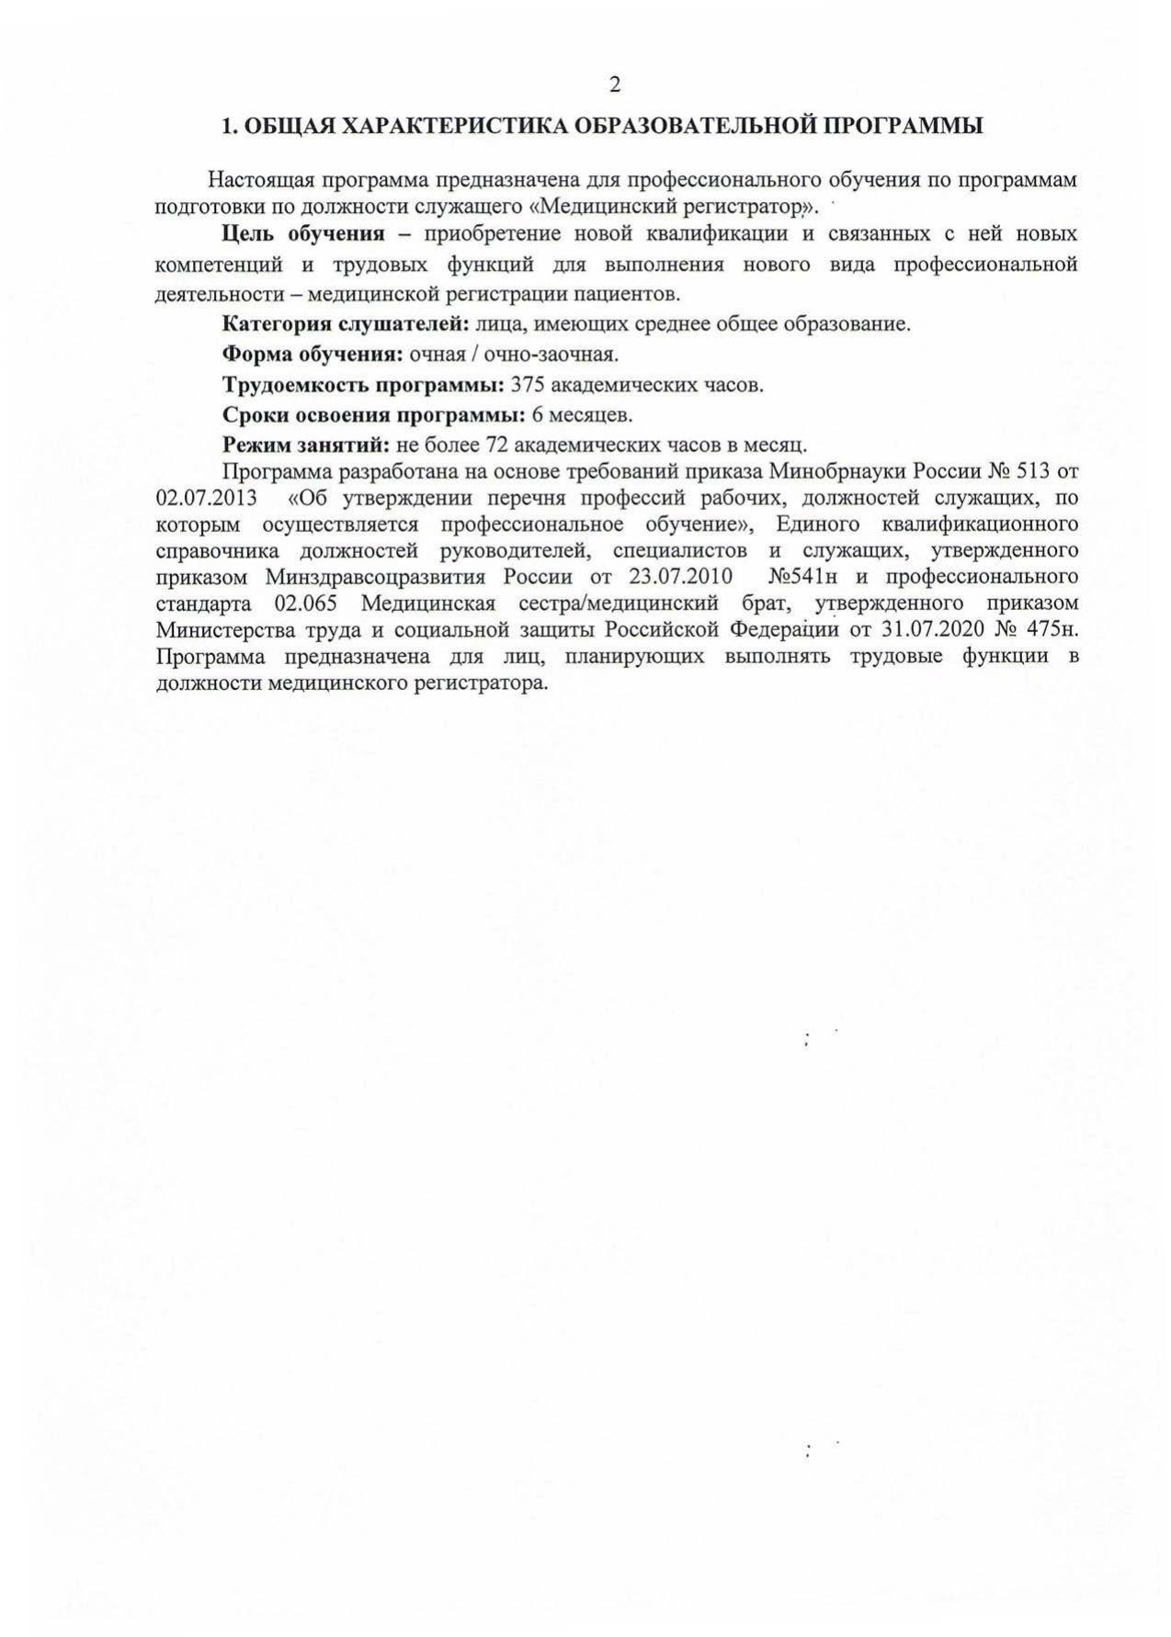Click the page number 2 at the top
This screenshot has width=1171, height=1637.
click(614, 85)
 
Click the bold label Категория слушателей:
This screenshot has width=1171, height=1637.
click(347, 324)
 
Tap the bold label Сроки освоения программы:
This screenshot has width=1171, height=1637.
click(374, 415)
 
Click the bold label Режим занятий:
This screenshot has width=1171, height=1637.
click(307, 446)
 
